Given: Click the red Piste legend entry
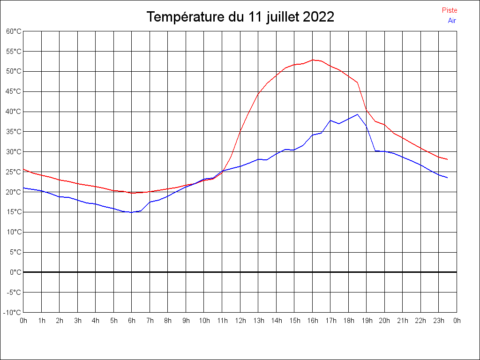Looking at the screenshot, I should [450, 10].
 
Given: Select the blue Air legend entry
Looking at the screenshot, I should [452, 20].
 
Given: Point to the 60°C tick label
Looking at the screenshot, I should [14, 31].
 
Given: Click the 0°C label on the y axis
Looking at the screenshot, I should [15, 272].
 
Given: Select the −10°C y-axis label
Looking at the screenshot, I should [13, 312].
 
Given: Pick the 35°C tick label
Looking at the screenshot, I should [14, 132].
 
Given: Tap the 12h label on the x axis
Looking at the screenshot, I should [240, 321].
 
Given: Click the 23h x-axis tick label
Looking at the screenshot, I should [439, 321].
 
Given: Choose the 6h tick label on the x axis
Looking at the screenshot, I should [132, 321].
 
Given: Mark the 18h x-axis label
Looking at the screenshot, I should [348, 321].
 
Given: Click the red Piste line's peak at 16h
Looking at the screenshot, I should [313, 60].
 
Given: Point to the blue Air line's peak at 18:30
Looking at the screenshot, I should [358, 114].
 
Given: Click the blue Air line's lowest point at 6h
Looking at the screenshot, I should [132, 212].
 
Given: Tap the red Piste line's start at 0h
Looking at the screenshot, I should [24, 169].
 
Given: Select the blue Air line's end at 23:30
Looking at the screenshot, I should [447, 178].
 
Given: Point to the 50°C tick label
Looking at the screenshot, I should [14, 71].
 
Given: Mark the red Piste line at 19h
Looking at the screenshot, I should [367, 111].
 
